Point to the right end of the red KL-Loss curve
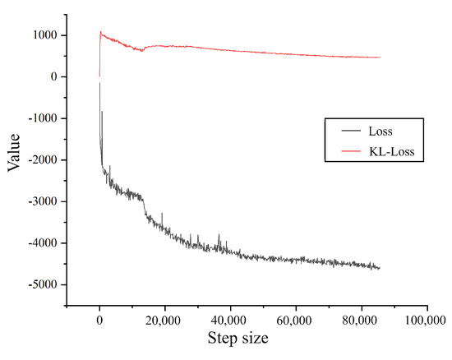(380, 58)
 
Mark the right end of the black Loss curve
(380, 268)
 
